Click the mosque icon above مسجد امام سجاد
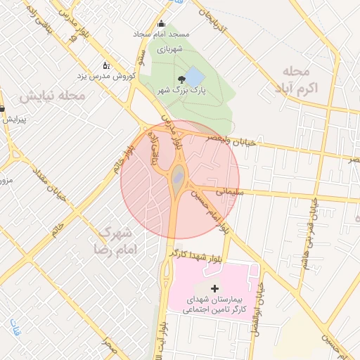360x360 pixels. (162, 23)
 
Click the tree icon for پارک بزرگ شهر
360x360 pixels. (182, 79)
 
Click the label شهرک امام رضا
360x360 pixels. (117, 240)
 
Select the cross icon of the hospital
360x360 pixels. (214, 288)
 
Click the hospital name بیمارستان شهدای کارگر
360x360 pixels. (214, 304)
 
